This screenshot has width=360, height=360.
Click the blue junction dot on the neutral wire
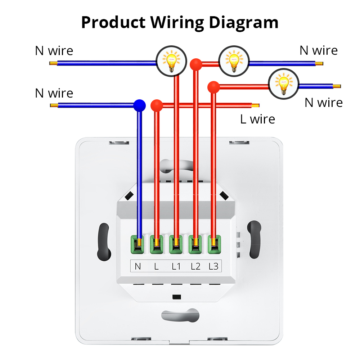(139, 105)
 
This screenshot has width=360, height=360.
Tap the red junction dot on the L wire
(157, 105)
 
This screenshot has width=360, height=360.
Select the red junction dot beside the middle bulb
(195, 64)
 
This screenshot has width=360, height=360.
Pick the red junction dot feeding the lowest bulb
(213, 87)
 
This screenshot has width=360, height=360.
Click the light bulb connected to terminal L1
(171, 60)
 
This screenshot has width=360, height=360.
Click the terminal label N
(138, 267)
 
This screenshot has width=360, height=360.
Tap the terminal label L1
(175, 267)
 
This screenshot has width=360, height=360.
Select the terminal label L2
(195, 267)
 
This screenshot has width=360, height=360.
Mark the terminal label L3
(213, 267)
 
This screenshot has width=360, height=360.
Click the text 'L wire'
(257, 119)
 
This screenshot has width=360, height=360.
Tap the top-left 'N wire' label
(54, 51)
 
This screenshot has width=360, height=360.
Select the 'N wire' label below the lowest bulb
(323, 103)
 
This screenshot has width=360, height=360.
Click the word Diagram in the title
(244, 22)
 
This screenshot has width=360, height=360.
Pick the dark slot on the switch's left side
(103, 242)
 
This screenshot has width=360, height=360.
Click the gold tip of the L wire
(255, 105)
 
